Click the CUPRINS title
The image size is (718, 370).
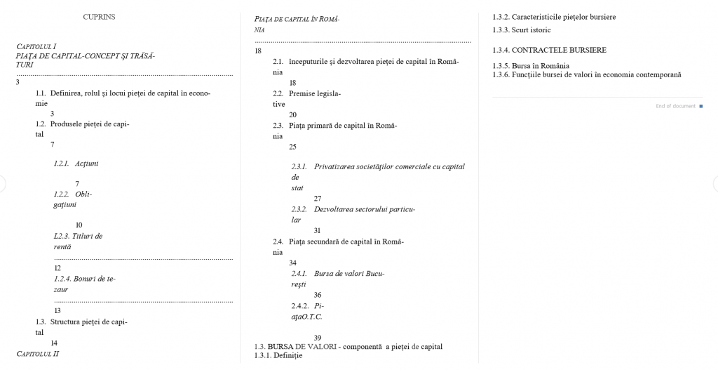coord(99,17)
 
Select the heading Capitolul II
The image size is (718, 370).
coord(38,354)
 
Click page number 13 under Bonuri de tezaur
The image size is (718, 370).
coord(57,310)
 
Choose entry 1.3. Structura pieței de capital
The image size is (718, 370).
coord(81,322)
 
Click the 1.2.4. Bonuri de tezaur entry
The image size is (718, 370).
coord(85,279)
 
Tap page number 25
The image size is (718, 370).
coord(292,147)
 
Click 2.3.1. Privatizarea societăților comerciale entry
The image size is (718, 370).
coord(378,166)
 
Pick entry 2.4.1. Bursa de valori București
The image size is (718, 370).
coord(338,273)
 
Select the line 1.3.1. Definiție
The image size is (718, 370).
coord(278,356)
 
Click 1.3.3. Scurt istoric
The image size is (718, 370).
coord(522,30)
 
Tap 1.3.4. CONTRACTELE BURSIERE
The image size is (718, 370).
coord(549,50)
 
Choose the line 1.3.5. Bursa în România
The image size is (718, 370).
coord(531,66)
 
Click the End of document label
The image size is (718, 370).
coord(676,106)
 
